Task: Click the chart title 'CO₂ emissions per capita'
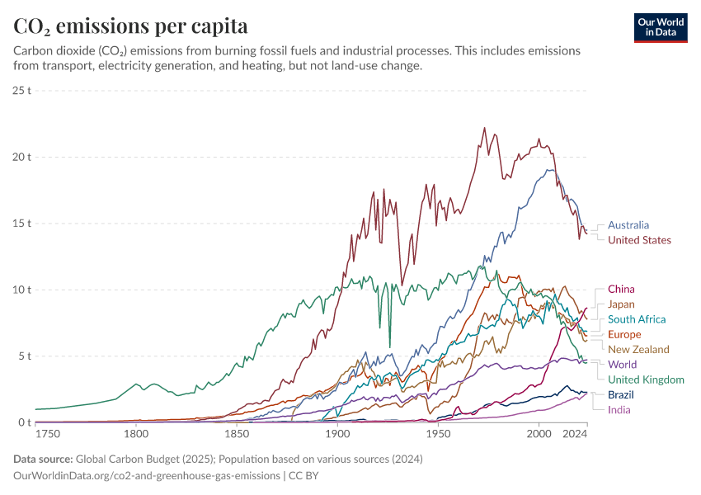(x=130, y=26)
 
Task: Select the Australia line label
(x=628, y=225)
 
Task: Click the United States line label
(x=639, y=240)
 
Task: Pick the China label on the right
(x=621, y=290)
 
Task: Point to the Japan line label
(x=621, y=304)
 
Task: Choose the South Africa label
(x=636, y=319)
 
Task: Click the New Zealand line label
(x=638, y=350)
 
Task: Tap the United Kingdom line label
(x=646, y=379)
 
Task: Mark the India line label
(x=619, y=410)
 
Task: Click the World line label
(x=623, y=365)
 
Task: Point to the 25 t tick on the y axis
(x=22, y=90)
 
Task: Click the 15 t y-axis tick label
(x=22, y=224)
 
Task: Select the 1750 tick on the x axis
(x=48, y=434)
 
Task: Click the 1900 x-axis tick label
(x=337, y=434)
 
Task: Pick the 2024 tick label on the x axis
(x=575, y=434)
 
